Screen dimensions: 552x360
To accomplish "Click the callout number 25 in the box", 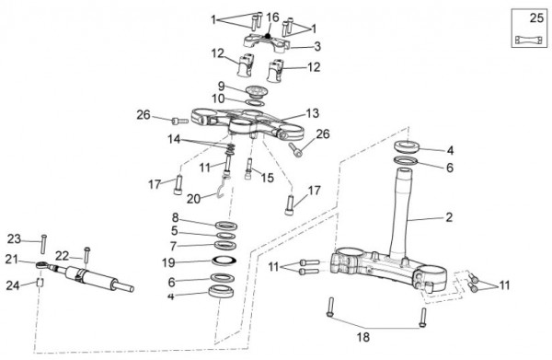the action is coord(536,17).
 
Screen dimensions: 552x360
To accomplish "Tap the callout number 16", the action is coord(272,17).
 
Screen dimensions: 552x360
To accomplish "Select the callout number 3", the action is coord(317,46).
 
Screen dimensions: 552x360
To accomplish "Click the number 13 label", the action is coord(312,113).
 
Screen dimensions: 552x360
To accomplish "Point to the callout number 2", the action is coord(449,217).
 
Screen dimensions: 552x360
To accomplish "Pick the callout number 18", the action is coord(363,337).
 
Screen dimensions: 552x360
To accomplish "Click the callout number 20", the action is coord(193,199).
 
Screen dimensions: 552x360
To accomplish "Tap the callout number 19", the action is coord(168,262).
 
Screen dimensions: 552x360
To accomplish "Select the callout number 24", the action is coord(13,285).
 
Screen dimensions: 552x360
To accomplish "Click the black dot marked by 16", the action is coord(268,36).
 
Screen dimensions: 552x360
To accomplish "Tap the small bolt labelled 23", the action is coord(43,244).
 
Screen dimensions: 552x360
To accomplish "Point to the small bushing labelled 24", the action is coord(40,282).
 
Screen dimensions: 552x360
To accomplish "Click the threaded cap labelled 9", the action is coord(257,91).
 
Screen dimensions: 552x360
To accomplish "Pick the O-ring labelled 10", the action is coord(255,103).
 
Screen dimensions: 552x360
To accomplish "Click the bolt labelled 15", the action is coord(248,169).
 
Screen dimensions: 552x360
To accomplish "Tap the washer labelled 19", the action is coord(224,261).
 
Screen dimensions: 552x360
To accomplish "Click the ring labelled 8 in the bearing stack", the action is coord(226,225).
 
